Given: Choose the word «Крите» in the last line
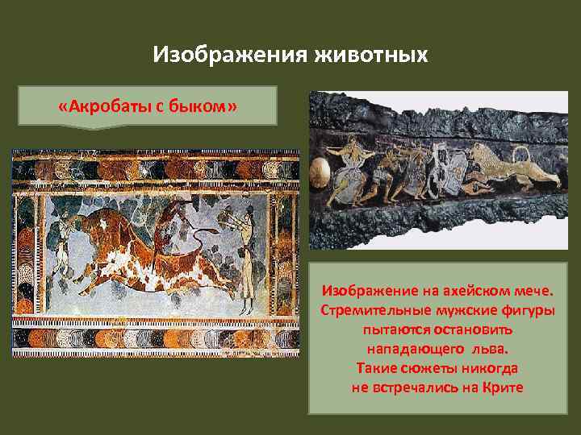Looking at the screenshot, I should [502, 387].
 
